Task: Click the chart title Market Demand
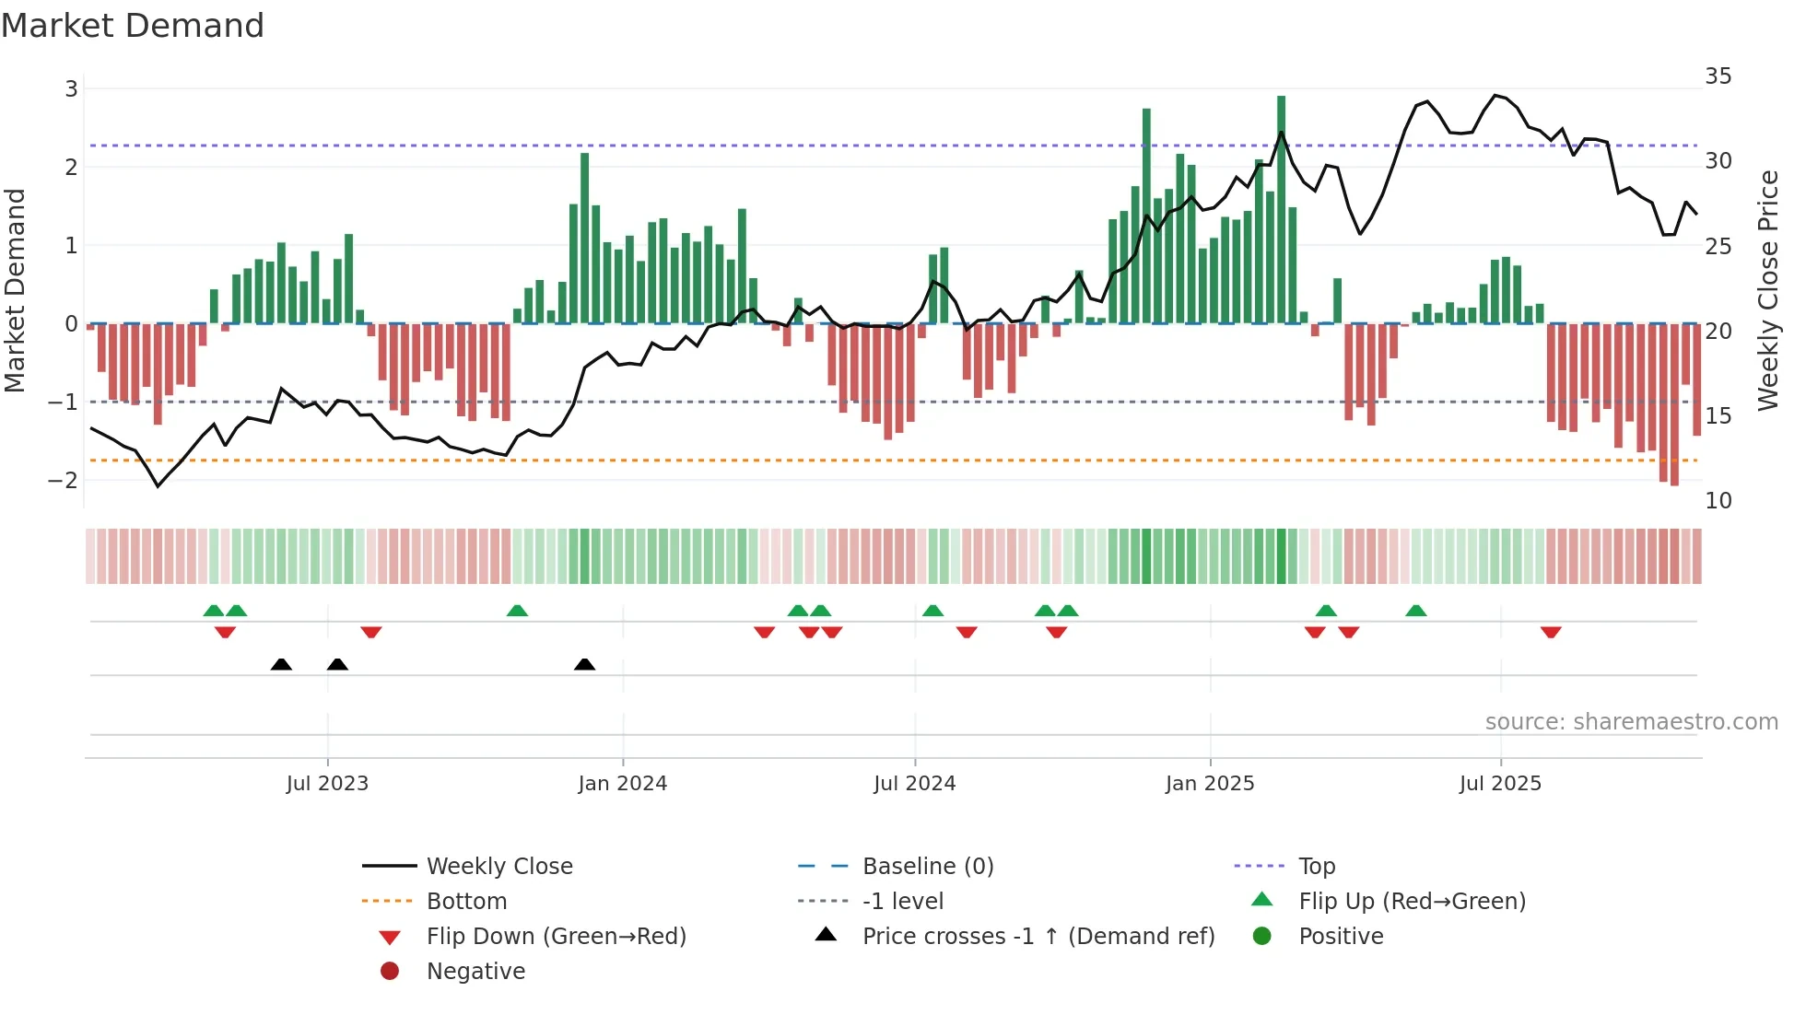[133, 26]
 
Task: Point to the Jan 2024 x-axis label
[622, 784]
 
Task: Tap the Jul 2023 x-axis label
[327, 784]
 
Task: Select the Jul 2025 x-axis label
[1500, 784]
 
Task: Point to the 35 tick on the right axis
[1718, 76]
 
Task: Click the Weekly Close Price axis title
[1767, 290]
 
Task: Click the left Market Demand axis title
[16, 290]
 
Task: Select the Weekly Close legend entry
[498, 867]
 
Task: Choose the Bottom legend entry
[466, 902]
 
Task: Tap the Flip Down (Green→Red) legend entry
[556, 937]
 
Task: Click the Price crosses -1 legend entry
[1038, 937]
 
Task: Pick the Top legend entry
[1317, 867]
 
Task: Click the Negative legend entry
[475, 972]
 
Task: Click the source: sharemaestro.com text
[1631, 722]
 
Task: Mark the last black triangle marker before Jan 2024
[584, 664]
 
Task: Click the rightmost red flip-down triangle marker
[1551, 632]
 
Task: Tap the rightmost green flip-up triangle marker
[1416, 611]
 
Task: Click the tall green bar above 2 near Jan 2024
[584, 239]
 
